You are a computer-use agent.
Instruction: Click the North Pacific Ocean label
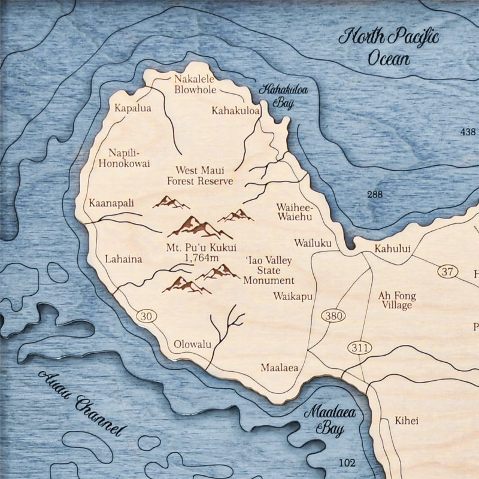coord(389,47)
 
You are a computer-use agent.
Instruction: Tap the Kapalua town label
coord(132,108)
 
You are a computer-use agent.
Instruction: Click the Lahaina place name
coord(123,259)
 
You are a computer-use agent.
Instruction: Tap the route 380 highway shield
coord(331,316)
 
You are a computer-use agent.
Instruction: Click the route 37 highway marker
coord(447,272)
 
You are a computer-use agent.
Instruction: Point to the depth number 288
coord(375,194)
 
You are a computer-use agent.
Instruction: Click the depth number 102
coord(347,462)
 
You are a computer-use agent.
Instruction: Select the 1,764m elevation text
coord(202,258)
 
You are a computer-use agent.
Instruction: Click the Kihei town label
coord(407,420)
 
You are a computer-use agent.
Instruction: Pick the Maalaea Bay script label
coord(329,419)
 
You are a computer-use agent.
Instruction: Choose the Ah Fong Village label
coord(396,300)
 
